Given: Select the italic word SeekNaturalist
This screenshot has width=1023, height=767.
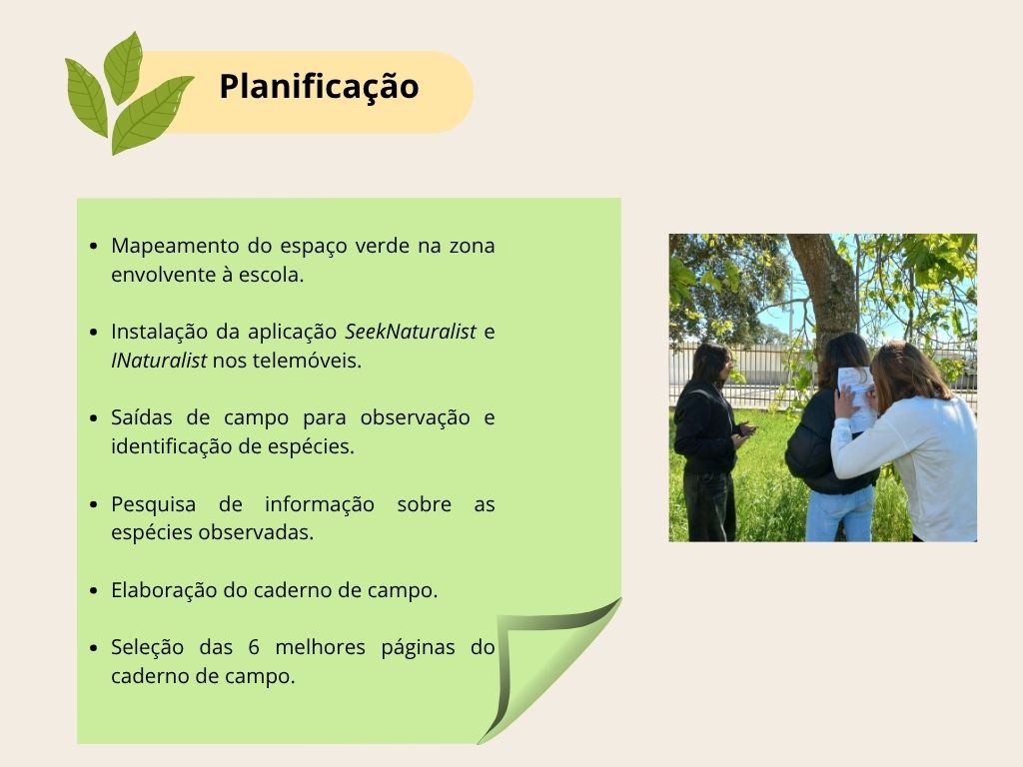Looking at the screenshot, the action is pyautogui.click(x=411, y=332).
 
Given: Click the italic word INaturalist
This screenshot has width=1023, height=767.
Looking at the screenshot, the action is pyautogui.click(x=159, y=361).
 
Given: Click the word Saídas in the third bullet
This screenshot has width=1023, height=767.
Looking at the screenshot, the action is pyautogui.click(x=141, y=418).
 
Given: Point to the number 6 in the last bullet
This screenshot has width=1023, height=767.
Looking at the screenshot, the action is pyautogui.click(x=254, y=647).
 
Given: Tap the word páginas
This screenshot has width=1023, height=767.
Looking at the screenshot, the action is pyautogui.click(x=419, y=648).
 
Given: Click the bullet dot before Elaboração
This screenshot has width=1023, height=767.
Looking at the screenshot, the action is pyautogui.click(x=94, y=591).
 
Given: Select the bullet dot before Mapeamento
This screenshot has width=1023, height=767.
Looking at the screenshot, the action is pyautogui.click(x=94, y=247).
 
